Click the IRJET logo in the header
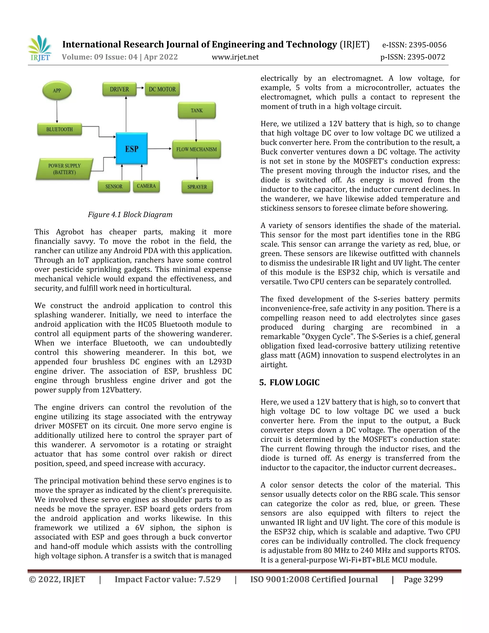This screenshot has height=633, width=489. (x=40, y=48)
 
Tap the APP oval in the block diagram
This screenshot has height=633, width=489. (x=57, y=91)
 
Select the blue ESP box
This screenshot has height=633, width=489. (x=132, y=149)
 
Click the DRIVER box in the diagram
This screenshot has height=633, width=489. (x=119, y=89)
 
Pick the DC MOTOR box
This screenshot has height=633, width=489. (x=162, y=89)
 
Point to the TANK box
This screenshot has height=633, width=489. (x=197, y=110)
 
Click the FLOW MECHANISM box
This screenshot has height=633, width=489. (x=197, y=149)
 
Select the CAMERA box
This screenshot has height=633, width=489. (x=146, y=186)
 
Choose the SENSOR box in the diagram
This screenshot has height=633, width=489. (x=114, y=186)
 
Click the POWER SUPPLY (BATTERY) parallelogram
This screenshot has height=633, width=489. (x=64, y=169)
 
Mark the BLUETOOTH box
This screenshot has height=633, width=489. (x=59, y=129)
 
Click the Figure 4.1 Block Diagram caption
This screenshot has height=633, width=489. (x=130, y=215)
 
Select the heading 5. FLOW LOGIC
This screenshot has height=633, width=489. (x=289, y=383)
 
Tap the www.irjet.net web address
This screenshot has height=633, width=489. (x=235, y=57)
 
